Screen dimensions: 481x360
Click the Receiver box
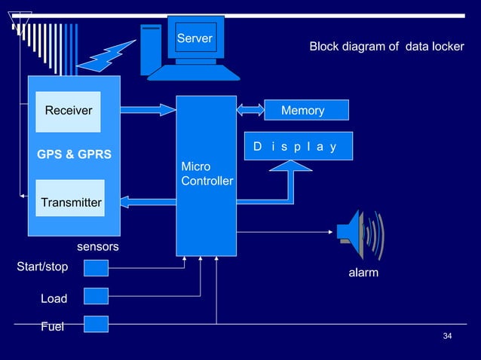[68, 111]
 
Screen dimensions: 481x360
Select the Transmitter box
[70, 198]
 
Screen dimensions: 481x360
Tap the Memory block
[306, 110]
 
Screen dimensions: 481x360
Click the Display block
[299, 146]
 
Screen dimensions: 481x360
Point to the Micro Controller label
[207, 174]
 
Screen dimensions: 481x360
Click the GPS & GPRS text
[74, 154]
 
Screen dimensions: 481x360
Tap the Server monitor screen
[196, 38]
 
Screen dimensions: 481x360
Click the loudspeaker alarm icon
[360, 235]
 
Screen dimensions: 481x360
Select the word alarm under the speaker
[363, 273]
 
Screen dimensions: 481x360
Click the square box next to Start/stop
[96, 268]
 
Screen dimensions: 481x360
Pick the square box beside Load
[96, 296]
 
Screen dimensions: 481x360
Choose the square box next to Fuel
[96, 324]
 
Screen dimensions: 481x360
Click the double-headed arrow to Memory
[250, 110]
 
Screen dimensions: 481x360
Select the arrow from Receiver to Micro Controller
[149, 110]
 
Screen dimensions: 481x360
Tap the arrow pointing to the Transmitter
[149, 202]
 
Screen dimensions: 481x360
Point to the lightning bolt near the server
[106, 56]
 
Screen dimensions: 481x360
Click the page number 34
[447, 336]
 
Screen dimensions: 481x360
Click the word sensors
[98, 246]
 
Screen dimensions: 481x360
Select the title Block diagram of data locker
[387, 47]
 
